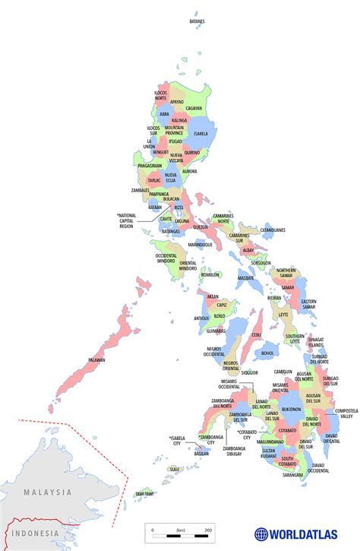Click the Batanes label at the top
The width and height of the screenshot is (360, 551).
(x=197, y=21)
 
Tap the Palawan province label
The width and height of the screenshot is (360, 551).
(x=96, y=359)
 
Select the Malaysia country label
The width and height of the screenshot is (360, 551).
(x=47, y=492)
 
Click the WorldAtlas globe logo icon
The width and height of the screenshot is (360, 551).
(x=261, y=534)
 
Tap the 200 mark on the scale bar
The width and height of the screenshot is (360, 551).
(x=207, y=529)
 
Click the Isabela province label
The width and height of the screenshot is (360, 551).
(x=201, y=134)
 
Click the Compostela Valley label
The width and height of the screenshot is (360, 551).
(x=346, y=413)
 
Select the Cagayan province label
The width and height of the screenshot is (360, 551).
(x=194, y=108)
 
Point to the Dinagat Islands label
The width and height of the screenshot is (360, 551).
(x=316, y=342)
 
